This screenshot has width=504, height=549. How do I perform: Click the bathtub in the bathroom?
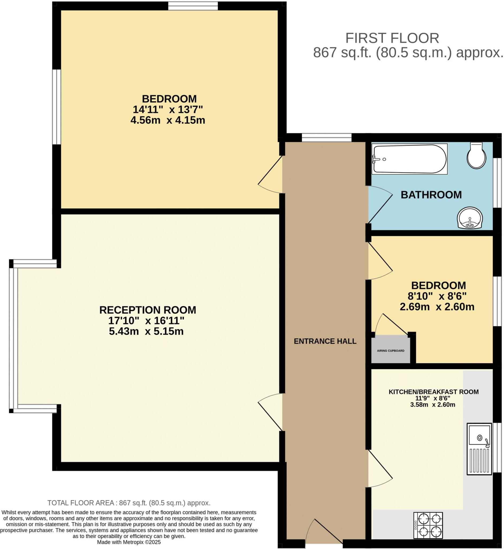409,159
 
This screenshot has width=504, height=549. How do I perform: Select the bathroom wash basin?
470,218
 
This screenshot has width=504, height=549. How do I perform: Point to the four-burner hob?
428,525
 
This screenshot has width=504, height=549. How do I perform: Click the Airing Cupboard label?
391,351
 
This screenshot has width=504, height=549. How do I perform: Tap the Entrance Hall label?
325,341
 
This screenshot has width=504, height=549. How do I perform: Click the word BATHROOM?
431,195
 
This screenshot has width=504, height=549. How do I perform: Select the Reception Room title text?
148,310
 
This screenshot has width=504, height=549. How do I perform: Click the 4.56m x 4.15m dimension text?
167,120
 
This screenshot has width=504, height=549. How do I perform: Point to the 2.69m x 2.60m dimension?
437,307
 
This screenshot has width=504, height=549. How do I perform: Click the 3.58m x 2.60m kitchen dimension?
432,405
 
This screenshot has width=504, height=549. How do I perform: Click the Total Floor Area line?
129,503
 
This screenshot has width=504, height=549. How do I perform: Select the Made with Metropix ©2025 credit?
129,542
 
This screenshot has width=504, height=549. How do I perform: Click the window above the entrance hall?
326,138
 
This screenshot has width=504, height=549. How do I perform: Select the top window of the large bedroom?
193,6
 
